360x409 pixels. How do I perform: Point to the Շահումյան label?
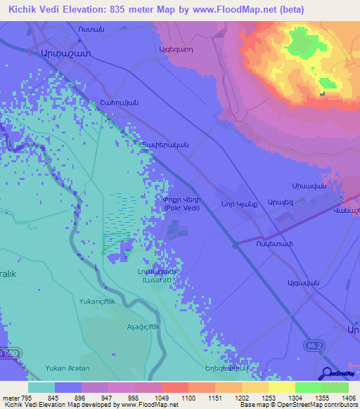[123, 103]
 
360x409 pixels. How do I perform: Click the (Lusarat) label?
[156, 280]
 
